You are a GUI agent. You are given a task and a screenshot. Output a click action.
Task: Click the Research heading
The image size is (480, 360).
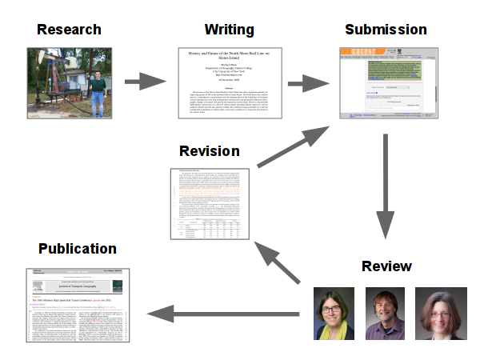69,30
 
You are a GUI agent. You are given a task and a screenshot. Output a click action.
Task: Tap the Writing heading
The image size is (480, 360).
229,30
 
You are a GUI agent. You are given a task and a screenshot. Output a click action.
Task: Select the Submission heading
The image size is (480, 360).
386,30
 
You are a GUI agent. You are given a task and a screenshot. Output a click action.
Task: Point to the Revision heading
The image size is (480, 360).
209,151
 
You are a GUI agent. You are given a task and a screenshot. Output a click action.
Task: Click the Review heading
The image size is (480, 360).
386,266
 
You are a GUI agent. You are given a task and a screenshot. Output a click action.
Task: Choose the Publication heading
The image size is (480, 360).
77,248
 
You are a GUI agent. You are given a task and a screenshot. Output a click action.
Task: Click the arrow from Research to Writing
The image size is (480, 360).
144,81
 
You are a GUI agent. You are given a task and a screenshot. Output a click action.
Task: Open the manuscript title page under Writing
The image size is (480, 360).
230,83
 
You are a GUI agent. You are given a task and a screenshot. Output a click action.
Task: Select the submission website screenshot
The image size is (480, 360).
387,83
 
